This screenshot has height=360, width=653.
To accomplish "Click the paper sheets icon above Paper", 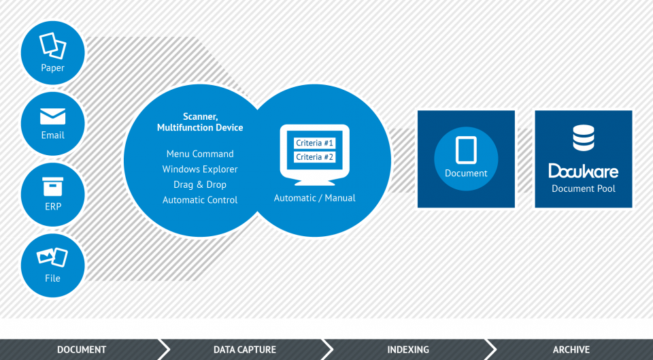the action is [53, 46].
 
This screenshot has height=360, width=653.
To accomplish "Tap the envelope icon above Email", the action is [53, 116].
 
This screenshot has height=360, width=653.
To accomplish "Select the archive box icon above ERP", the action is [53, 186].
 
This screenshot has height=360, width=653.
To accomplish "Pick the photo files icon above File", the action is [52, 257].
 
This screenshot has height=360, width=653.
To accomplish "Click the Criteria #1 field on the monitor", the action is [314, 144].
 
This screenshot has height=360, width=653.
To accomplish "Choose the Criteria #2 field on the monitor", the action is [314, 157].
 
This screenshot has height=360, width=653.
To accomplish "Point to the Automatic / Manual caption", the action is [314, 198].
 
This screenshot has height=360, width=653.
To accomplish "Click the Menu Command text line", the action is [200, 154].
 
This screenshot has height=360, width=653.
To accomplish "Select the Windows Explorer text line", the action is [200, 169].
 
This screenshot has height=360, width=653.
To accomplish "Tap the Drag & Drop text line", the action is [200, 184].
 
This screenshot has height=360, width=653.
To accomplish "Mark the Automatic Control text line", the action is [200, 200].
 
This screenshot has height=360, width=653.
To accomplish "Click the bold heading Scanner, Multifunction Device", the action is [200, 122].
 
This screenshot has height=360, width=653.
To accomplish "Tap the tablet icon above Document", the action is [466, 150].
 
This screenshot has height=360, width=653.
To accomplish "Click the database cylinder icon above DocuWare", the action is [584, 138].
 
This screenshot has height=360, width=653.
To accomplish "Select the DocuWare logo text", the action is [584, 171].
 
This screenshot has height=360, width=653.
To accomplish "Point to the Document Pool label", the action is [584, 189].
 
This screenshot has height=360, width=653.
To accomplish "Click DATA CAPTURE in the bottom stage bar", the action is [245, 350].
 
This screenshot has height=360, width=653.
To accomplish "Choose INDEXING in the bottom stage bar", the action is [408, 350].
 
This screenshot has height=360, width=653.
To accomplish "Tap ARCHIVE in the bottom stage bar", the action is [571, 350].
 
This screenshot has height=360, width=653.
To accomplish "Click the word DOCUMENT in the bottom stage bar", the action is [82, 350].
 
